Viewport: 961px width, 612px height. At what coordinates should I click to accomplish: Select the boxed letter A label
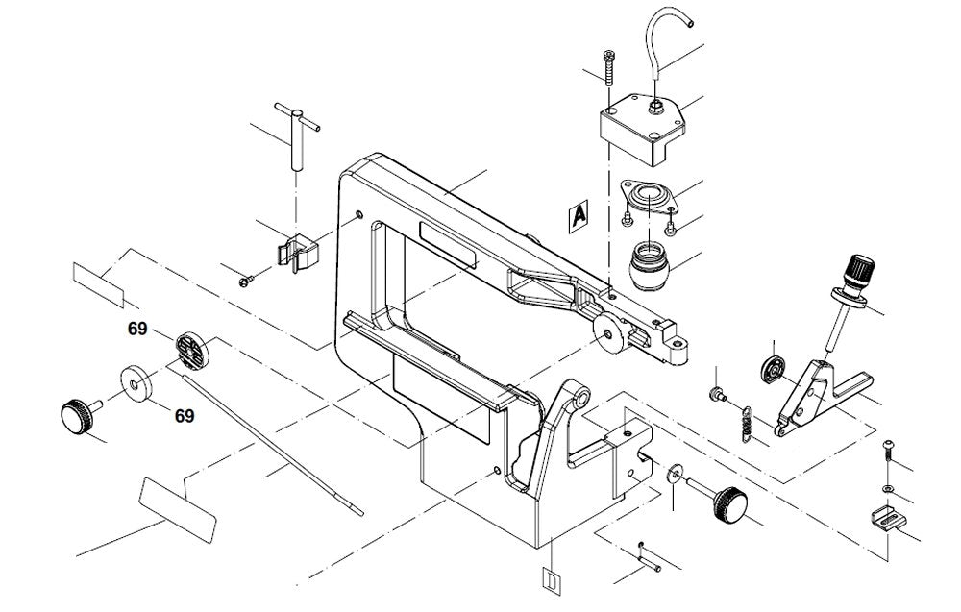(577, 216)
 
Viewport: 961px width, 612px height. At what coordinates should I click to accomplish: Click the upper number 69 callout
(137, 329)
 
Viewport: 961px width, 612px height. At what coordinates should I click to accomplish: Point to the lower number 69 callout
(185, 416)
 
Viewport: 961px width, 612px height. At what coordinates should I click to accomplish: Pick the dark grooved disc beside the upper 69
(191, 351)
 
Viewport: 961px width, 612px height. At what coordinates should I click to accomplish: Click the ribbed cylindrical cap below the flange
(650, 263)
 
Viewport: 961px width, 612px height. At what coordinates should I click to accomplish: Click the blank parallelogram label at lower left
(178, 506)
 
